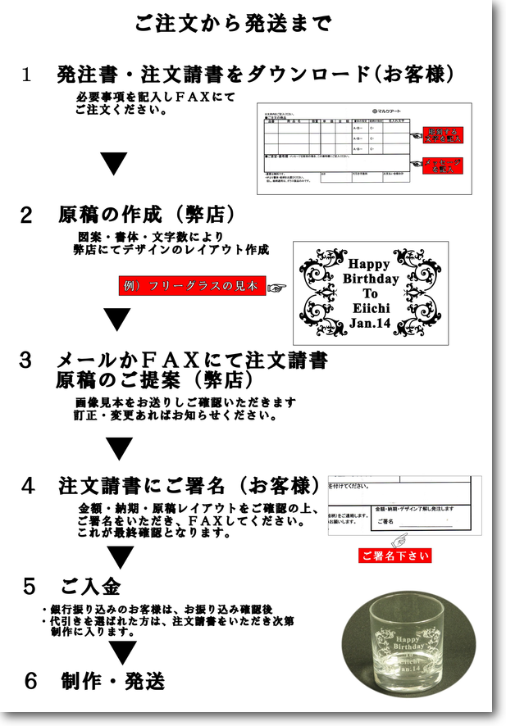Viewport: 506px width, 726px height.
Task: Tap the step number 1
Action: click(26, 75)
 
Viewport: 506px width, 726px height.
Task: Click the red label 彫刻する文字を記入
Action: click(442, 135)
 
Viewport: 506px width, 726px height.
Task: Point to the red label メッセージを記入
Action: click(442, 166)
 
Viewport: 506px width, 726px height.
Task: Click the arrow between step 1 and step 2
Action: click(114, 163)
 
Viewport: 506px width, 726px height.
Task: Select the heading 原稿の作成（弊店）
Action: click(147, 216)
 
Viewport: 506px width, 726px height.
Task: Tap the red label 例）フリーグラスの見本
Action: click(192, 287)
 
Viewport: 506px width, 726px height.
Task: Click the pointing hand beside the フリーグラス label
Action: click(276, 288)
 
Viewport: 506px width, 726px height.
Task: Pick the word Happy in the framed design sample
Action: click(371, 264)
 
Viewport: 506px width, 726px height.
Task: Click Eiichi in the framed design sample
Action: click(371, 308)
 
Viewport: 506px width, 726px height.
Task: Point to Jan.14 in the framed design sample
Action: click(371, 323)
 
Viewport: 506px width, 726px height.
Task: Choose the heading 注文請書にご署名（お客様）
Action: click(189, 485)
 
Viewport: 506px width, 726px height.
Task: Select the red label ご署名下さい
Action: click(394, 556)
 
